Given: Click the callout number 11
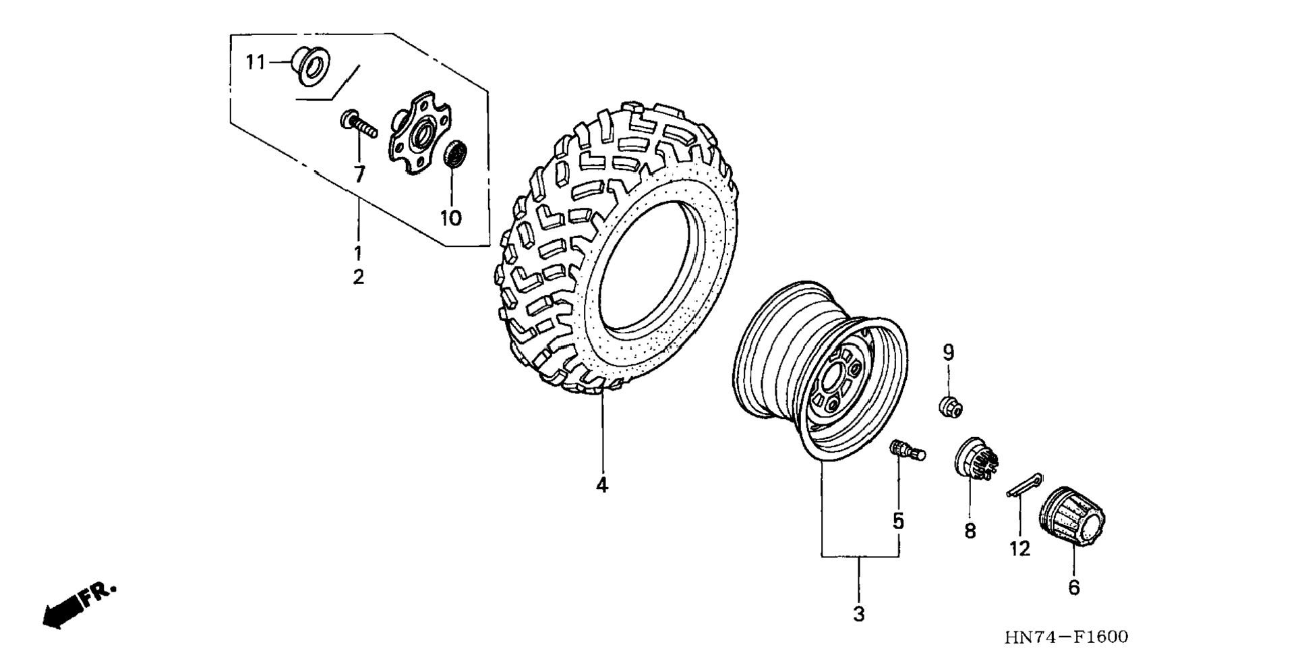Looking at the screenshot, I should point(255,63).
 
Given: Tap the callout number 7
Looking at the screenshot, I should point(359,175).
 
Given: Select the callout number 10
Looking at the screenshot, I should point(451,218).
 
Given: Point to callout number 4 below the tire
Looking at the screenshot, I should point(602,485).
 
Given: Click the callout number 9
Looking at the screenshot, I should point(949,352).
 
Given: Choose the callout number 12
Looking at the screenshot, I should point(1020,549).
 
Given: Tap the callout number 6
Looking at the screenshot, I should point(1074,588).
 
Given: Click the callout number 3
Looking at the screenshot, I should point(859,615).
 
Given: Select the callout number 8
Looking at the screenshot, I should point(970,532).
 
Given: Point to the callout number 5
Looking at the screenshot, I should point(898,521).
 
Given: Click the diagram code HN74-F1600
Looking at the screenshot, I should point(1066,636).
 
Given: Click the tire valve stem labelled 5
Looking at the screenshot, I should point(907,450).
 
